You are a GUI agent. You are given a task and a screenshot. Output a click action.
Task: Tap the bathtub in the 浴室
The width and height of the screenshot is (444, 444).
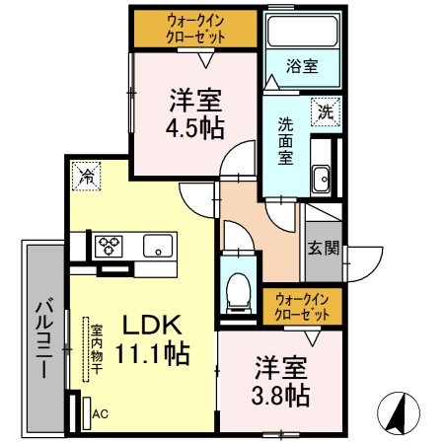303,31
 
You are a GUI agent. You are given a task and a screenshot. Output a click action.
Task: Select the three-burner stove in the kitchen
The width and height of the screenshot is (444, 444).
109,246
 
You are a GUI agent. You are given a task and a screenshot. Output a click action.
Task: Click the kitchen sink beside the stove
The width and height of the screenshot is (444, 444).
158,246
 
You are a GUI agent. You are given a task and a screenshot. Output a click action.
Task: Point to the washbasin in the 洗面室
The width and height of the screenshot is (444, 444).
322,179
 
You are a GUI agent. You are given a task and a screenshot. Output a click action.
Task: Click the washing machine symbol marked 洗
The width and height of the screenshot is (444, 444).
326,111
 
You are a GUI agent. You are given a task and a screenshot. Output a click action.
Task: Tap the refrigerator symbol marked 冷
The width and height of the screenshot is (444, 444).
86,176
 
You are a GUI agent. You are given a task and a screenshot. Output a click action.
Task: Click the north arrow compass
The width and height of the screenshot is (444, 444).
399,412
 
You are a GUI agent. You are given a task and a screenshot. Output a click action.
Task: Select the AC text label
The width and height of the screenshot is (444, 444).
100,413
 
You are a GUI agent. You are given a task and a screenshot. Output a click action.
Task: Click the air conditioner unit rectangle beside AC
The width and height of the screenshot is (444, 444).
87,413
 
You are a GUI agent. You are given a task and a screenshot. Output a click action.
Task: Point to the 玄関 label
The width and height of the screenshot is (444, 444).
324,248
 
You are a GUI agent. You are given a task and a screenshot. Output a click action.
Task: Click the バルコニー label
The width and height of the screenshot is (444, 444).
44,339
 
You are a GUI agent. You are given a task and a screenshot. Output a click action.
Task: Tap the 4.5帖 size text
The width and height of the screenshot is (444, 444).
194,128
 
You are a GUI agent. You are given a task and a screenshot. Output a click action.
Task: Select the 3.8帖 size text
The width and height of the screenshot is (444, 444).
280,396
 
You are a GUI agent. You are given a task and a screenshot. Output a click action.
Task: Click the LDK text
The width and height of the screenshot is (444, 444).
152,326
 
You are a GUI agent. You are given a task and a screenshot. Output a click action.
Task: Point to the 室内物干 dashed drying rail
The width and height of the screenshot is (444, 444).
86,349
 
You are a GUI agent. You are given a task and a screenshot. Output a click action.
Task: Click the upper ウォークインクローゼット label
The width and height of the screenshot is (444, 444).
195,29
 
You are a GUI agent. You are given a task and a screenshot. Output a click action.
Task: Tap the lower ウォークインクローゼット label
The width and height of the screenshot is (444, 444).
302,307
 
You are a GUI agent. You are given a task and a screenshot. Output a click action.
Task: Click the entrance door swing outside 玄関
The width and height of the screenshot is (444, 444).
365,264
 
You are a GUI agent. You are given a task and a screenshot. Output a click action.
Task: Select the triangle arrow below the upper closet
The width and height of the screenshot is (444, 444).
205,60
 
